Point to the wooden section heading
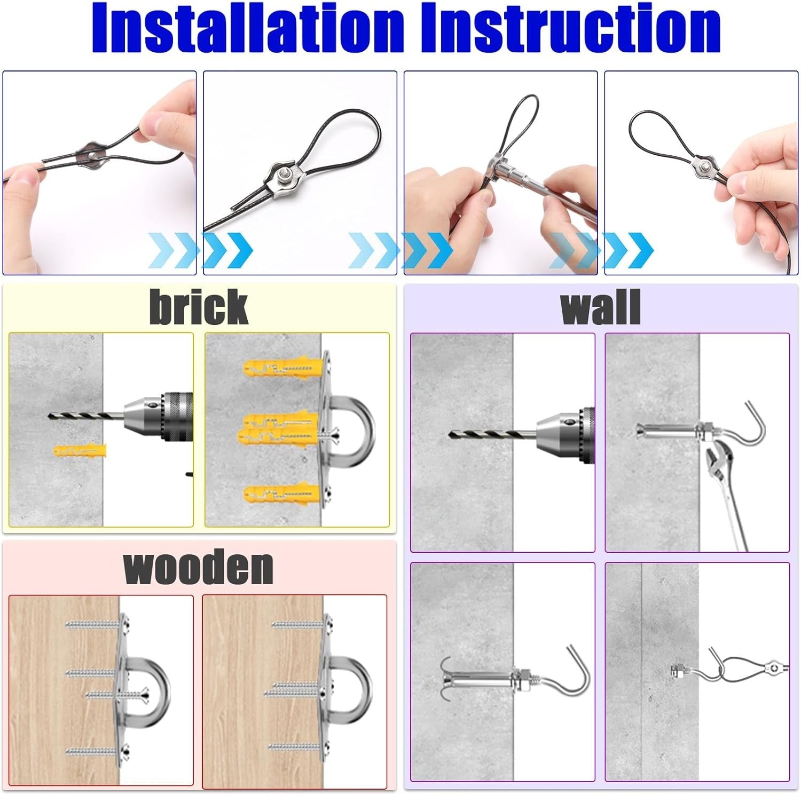[198, 567]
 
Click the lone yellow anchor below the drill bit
[80, 450]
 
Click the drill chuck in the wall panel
[566, 433]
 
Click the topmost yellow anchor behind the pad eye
[283, 368]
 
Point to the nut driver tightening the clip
[539, 185]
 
